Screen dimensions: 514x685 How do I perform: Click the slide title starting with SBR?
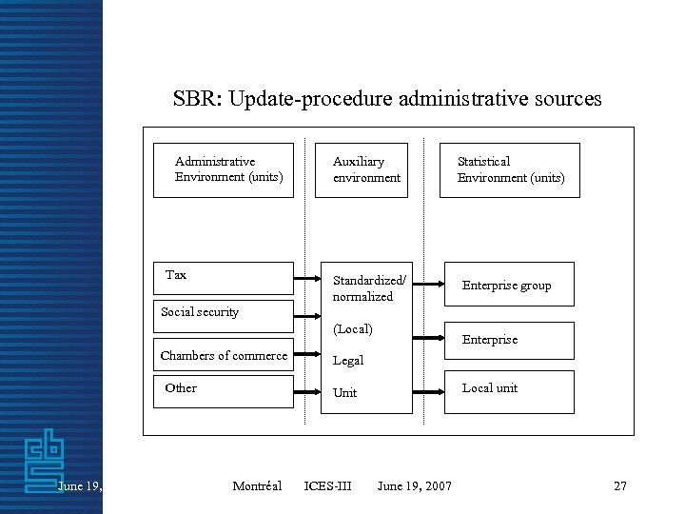[x=386, y=99]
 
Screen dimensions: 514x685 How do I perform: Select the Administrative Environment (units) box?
[x=224, y=170]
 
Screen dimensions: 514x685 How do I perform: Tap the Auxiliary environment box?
[x=362, y=170]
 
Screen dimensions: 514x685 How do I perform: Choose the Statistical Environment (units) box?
[x=509, y=170]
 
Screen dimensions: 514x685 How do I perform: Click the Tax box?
[x=224, y=278]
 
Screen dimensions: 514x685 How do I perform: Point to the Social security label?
[x=200, y=312]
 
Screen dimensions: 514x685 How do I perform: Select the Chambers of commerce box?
[x=224, y=356]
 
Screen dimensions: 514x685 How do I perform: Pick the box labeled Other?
[x=224, y=389]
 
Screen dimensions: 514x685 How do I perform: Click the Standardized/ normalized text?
[x=369, y=288]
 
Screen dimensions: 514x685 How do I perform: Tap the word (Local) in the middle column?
[x=353, y=329]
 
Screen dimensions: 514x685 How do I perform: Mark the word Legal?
[x=348, y=361]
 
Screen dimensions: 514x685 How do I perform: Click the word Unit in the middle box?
[x=345, y=393]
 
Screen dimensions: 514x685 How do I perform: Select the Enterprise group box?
[x=509, y=285]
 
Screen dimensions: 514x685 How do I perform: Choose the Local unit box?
[x=509, y=390]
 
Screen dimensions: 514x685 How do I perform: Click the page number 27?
[x=620, y=486]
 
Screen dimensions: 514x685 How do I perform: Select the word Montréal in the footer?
[x=257, y=486]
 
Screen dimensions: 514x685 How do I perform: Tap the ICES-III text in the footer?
[x=327, y=486]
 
